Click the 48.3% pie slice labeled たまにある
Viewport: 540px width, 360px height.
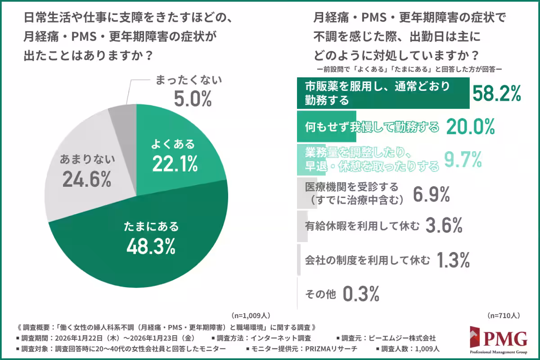pos(148,243)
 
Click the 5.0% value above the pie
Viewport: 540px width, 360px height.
pos(193,99)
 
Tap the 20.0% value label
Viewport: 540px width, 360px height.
pos(470,128)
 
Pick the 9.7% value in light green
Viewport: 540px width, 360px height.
pos(463,159)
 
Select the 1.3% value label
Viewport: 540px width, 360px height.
pos(454,260)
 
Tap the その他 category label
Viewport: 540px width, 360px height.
pos(320,294)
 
